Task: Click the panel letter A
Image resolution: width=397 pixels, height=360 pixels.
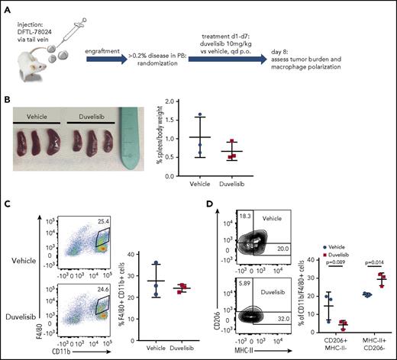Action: coord(7,7)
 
